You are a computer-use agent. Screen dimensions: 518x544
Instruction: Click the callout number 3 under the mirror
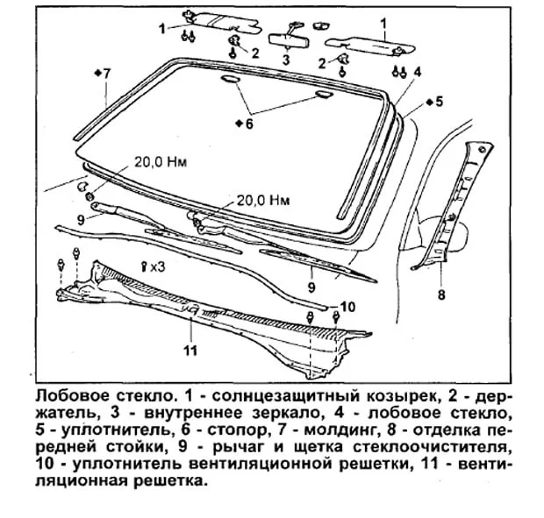(x=286, y=60)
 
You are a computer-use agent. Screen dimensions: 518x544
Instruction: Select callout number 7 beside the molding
(x=106, y=74)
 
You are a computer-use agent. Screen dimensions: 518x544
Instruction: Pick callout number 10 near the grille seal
(x=347, y=307)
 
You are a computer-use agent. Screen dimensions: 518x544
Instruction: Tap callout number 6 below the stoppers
(x=247, y=124)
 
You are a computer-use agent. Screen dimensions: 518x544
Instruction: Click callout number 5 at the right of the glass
(x=439, y=102)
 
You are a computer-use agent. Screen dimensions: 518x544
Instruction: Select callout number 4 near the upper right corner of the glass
(x=418, y=72)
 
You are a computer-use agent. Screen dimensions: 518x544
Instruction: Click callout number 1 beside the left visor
(x=161, y=28)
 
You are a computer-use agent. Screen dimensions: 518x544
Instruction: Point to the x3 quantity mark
(x=157, y=263)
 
